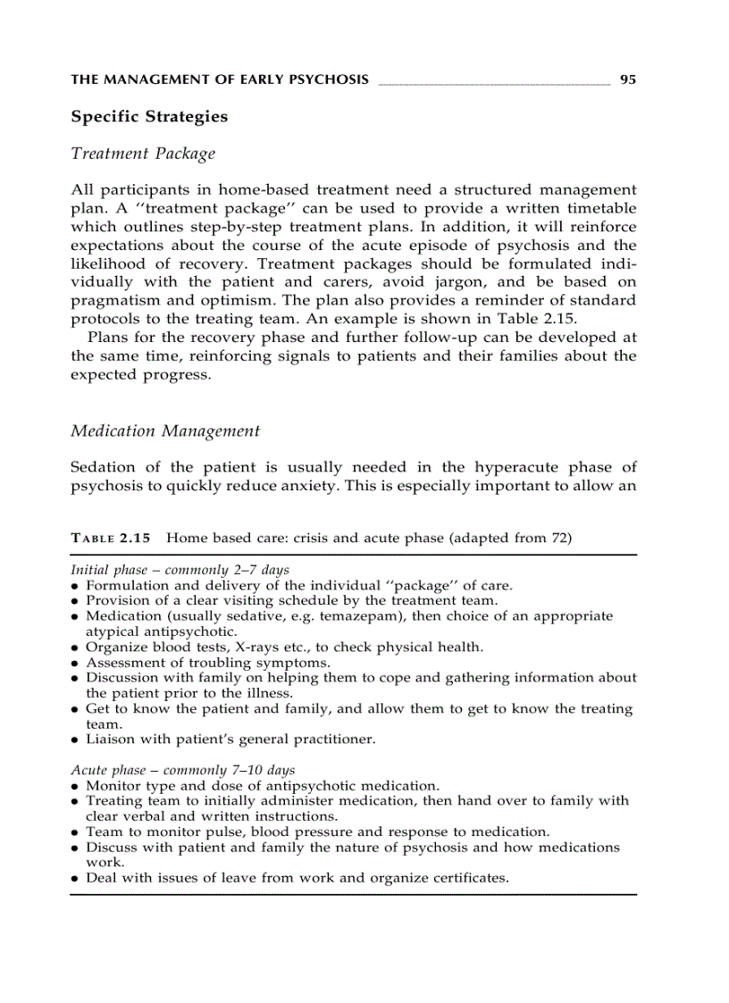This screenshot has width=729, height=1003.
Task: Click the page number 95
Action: pos(627,79)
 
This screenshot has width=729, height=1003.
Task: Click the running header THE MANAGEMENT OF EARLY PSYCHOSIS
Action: pos(219,79)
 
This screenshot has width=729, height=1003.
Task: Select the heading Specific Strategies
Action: pos(149,117)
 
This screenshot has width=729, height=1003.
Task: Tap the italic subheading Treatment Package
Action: pos(143,154)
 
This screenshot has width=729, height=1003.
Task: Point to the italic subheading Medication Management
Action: pos(165,431)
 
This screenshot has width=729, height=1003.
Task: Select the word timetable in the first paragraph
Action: pos(601,208)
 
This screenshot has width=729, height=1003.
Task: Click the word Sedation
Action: pos(103,467)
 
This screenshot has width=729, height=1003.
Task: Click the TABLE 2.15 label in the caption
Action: pos(111,538)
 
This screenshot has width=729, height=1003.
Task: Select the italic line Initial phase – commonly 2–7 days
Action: pos(180,570)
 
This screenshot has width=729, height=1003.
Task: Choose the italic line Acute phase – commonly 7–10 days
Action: pos(182,770)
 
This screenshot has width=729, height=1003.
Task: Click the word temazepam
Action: pos(368,616)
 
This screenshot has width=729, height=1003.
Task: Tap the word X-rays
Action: pos(258,647)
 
